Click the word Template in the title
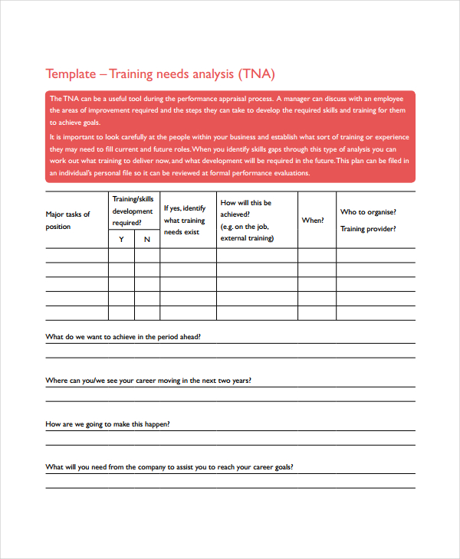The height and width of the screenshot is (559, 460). (71, 74)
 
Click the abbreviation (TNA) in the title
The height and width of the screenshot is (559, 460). (255, 74)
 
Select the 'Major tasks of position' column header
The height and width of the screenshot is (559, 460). (68, 221)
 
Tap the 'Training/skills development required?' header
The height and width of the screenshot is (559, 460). (133, 211)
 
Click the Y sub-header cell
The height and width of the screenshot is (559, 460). (121, 240)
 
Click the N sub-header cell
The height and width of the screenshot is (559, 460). (147, 240)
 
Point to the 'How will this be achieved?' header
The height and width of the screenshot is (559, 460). (245, 209)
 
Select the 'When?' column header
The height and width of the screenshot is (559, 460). (313, 221)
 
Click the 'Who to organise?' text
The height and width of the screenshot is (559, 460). (368, 212)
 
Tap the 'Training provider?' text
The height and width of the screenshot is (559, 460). (368, 229)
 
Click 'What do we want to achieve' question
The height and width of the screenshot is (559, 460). (123, 336)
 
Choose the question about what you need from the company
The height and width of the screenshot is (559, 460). (169, 466)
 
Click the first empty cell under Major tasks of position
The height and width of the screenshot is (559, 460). (77, 256)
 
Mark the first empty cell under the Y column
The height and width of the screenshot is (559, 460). (121, 256)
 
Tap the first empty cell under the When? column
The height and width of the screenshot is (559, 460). (316, 256)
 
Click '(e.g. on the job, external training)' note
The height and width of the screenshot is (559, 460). (248, 233)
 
